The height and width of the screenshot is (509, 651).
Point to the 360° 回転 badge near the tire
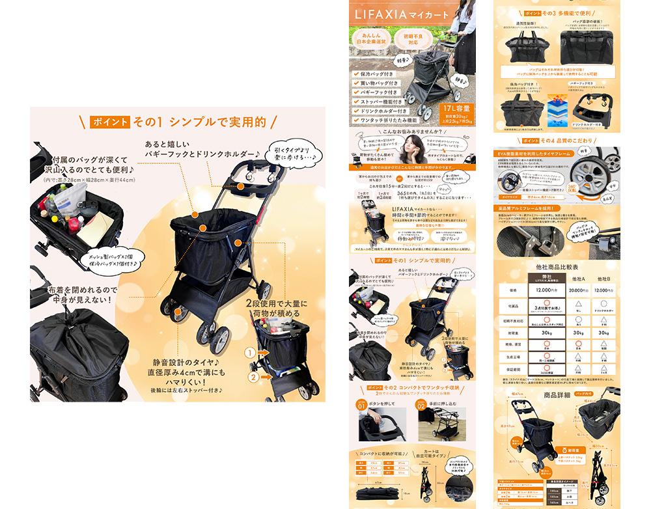tap(595, 187)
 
